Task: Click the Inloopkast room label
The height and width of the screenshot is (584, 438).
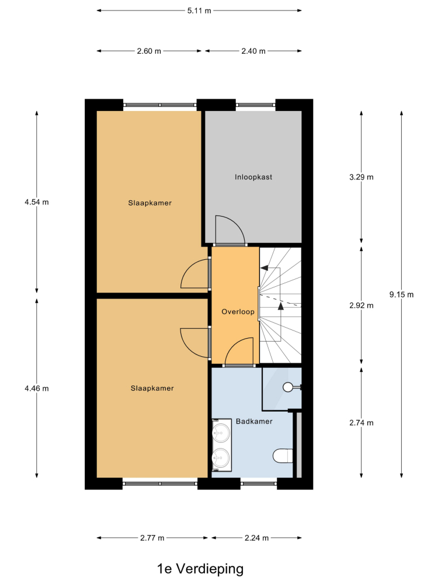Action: [253, 177]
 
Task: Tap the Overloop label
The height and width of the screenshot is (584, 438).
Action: [238, 312]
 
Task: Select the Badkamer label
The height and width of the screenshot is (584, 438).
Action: [254, 421]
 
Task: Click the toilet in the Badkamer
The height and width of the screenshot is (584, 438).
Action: [283, 456]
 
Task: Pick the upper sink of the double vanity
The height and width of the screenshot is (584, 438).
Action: [221, 433]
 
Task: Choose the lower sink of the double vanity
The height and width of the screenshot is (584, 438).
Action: [221, 456]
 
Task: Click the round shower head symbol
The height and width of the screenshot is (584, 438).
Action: [288, 387]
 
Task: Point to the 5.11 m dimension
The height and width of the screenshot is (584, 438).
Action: [199, 11]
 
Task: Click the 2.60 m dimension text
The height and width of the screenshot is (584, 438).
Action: [149, 51]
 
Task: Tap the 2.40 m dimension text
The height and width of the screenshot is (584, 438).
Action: [253, 51]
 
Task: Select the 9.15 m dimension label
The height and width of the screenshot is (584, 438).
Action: [402, 294]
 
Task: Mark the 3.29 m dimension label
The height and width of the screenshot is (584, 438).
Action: [361, 177]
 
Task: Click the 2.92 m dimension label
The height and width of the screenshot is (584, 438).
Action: [361, 305]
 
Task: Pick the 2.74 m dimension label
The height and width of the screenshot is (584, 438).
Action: [361, 423]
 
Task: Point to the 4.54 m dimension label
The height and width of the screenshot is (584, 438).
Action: [36, 202]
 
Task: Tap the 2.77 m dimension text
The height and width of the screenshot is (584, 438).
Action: [152, 538]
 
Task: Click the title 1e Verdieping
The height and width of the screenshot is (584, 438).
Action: [200, 569]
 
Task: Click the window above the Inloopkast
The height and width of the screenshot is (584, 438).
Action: [256, 105]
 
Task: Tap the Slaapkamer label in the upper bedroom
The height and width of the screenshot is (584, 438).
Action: [150, 203]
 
